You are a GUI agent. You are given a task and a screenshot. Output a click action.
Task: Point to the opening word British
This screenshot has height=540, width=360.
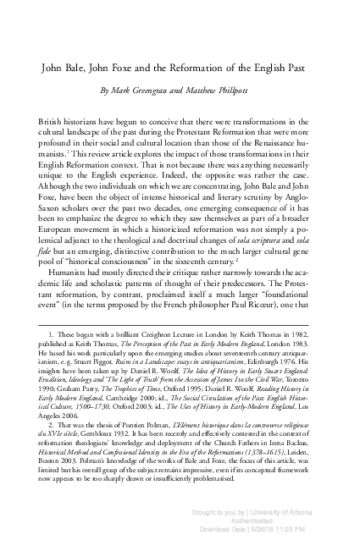click(x=54, y=121)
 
